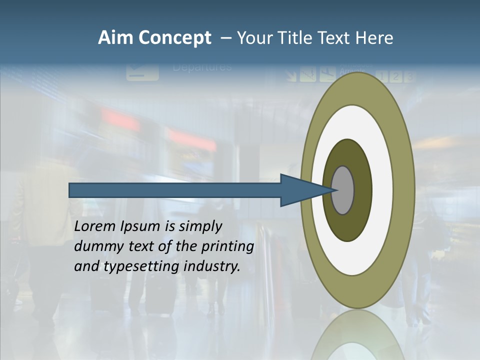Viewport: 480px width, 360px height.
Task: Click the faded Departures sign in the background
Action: click(202, 67)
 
